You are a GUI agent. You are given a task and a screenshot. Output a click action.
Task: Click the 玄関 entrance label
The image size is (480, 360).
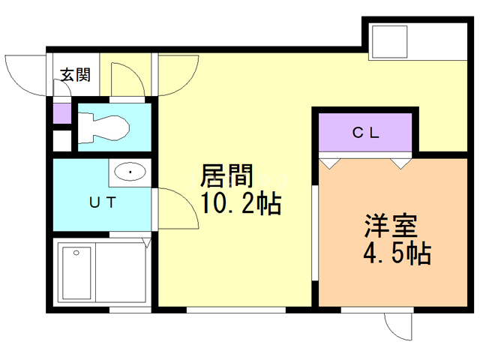coord(75,74)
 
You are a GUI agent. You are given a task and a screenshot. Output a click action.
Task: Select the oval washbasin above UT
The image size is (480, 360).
coord(130,173)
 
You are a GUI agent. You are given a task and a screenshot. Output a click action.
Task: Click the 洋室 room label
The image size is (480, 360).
coord(391,226)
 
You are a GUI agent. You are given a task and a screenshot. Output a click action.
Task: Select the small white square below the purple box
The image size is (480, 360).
coord(61,141)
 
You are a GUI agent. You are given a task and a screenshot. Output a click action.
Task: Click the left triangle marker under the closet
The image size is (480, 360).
coord(328,161)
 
